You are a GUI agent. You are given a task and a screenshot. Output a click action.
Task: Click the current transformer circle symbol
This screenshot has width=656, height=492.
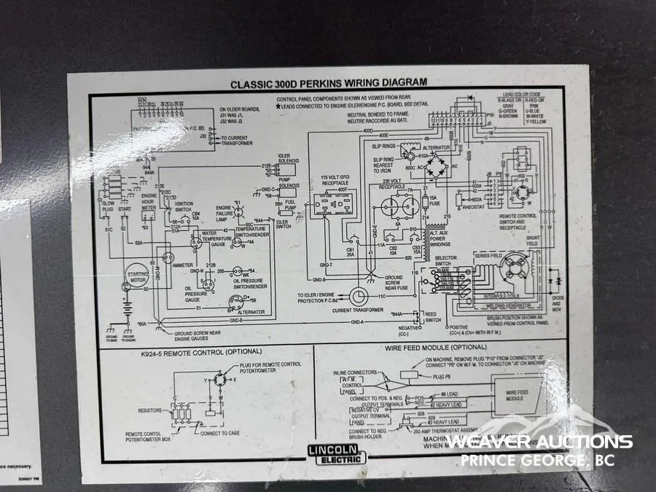359,296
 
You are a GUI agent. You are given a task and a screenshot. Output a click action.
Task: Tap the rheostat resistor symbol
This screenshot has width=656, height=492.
457,198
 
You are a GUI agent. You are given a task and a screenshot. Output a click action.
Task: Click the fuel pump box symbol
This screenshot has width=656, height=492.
290,206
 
